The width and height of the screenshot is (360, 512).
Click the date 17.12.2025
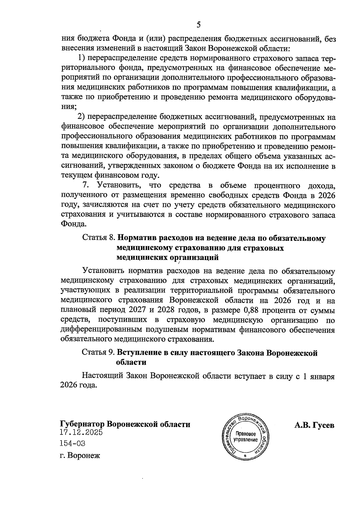click(x=81, y=432)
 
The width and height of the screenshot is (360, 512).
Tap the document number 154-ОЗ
click(x=73, y=443)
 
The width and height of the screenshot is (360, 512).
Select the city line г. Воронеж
click(x=80, y=456)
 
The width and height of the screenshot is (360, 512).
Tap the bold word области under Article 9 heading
click(x=131, y=362)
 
